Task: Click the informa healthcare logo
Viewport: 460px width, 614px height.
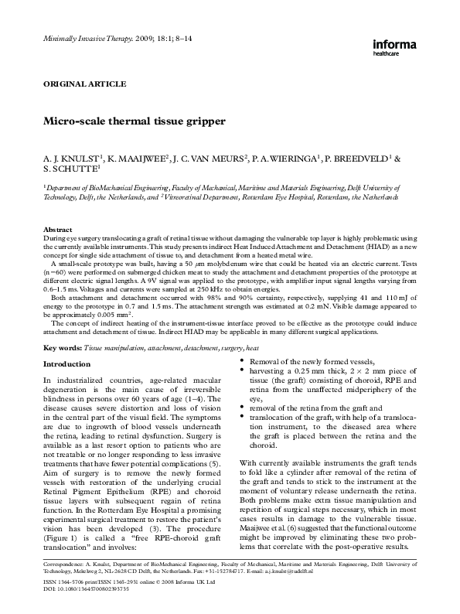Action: coord(400,47)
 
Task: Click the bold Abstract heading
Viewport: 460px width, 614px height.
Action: coord(57,230)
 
